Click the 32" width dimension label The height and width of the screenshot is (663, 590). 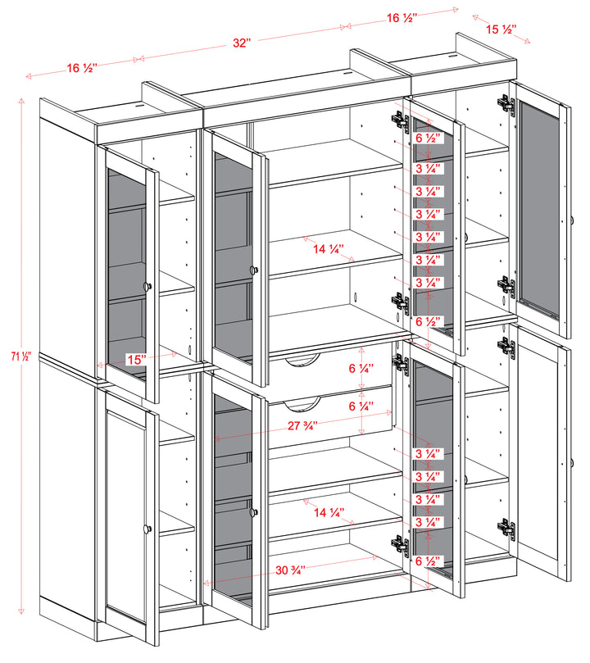click(x=241, y=43)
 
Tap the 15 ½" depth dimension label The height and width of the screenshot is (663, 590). click(x=501, y=30)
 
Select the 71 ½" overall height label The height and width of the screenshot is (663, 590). click(x=20, y=356)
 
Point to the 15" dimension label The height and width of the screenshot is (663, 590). click(x=136, y=360)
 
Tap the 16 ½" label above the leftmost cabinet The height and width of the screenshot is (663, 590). click(x=84, y=68)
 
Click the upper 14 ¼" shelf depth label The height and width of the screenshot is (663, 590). click(x=329, y=248)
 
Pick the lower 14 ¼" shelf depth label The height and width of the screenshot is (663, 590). click(x=329, y=513)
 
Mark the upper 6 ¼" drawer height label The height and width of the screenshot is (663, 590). click(x=361, y=370)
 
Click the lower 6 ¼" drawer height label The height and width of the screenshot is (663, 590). click(x=361, y=406)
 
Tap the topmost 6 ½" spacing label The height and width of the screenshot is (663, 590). click(x=428, y=139)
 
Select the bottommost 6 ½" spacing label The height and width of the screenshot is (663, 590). click(x=428, y=561)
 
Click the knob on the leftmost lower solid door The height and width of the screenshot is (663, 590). click(x=148, y=529)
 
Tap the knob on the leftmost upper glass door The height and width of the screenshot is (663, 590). click(x=148, y=285)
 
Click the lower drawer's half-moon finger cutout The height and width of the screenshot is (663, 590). click(x=300, y=402)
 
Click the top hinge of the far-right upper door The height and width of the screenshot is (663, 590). click(x=504, y=104)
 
